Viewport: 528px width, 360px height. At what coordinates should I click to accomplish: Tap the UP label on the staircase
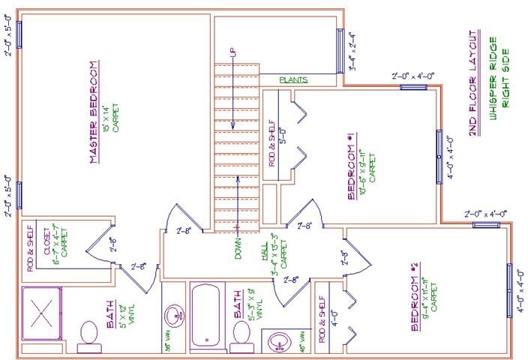[234, 55]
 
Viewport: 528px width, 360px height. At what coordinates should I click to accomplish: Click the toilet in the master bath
[88, 333]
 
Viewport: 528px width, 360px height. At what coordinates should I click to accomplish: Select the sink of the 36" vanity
[174, 313]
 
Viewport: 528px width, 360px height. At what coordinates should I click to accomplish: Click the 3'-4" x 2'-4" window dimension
[353, 50]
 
